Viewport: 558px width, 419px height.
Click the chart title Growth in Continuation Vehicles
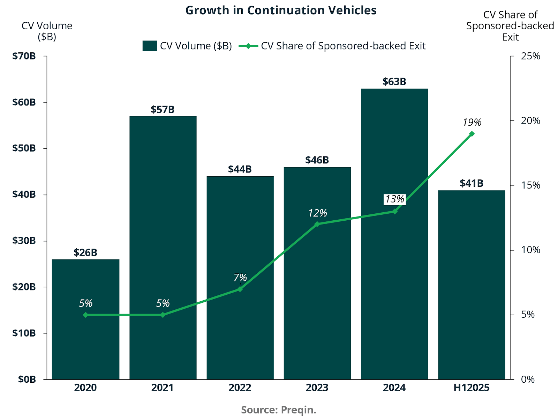click(281, 10)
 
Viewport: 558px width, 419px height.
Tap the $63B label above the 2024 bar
click(394, 82)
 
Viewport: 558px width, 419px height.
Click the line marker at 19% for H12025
click(472, 134)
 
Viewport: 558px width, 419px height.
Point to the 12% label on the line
click(317, 213)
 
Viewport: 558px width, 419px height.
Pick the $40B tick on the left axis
click(24, 194)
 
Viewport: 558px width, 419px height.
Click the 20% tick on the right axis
click(530, 121)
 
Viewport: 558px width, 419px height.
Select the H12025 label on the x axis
click(472, 388)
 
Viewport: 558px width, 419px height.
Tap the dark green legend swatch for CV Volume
click(150, 46)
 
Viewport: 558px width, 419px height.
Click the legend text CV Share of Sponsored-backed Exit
click(343, 46)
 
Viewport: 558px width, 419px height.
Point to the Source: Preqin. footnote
click(278, 410)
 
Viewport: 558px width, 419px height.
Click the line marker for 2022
click(240, 289)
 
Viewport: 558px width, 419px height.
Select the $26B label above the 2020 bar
click(85, 253)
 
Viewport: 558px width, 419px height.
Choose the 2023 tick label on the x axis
click(317, 388)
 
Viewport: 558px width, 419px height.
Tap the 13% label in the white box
click(394, 199)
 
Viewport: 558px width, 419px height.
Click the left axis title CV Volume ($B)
click(47, 31)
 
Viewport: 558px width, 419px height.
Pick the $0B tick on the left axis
click(27, 379)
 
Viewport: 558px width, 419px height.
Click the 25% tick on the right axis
click(530, 56)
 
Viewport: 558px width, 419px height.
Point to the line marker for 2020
click(85, 315)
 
